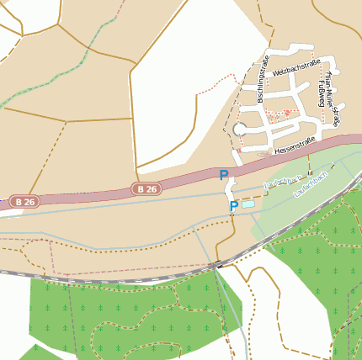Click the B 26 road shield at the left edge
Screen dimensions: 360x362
coord(24,202)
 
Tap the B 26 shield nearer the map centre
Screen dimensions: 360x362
coord(145,189)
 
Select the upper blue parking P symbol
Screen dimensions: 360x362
coord(224,175)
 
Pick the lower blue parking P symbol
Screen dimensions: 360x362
coord(233,206)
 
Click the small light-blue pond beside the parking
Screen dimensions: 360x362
coord(248,204)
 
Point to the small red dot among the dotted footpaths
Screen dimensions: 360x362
coord(286,113)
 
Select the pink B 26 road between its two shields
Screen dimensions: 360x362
coord(84,196)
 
